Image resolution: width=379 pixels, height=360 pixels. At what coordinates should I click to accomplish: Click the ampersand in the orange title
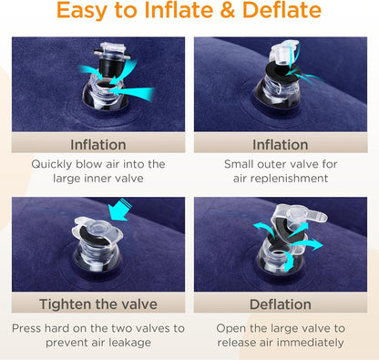(227, 10)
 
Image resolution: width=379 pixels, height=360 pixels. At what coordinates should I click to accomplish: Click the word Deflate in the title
(282, 10)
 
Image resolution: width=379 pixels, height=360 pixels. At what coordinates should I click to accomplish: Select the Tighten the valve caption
(98, 304)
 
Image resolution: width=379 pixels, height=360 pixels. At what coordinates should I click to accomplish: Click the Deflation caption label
(281, 304)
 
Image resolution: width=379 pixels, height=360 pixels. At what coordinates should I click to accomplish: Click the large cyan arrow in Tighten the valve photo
(120, 210)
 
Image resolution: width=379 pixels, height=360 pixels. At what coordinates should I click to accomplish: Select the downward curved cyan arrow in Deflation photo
(289, 262)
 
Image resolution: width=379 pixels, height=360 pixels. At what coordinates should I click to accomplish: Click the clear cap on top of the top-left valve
(112, 51)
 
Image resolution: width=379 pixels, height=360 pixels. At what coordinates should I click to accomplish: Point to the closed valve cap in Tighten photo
(97, 231)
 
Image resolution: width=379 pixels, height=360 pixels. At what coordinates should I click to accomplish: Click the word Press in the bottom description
(26, 328)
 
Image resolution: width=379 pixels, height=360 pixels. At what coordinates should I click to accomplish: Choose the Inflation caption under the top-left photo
(98, 145)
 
